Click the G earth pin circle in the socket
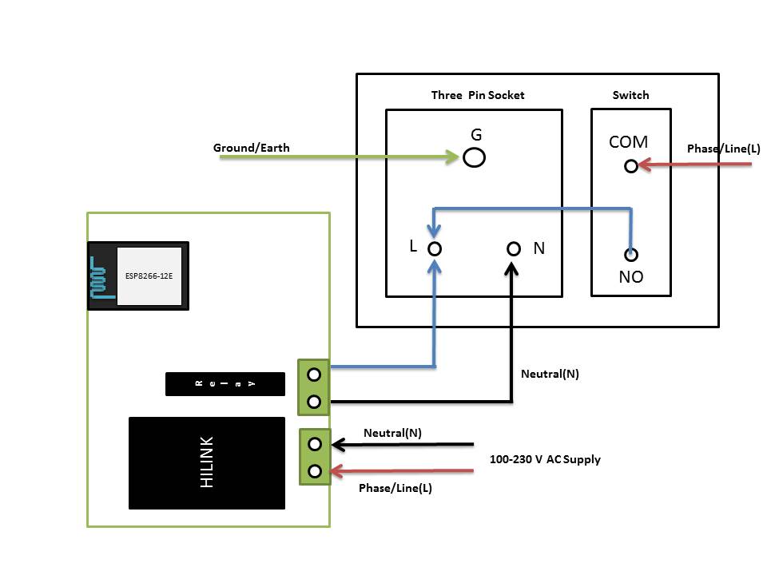475,157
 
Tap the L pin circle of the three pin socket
435,248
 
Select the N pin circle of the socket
514,248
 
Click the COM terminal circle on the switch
630,165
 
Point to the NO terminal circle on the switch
630,255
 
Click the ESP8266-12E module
138,276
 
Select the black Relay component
225,384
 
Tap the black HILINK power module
207,462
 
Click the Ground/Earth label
251,148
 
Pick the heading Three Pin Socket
478,95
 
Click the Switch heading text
630,95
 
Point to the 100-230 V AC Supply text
545,459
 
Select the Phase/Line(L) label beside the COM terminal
724,149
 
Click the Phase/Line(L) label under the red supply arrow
395,488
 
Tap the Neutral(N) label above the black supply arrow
392,433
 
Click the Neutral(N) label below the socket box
550,373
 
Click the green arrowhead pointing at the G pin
452,157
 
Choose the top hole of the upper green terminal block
315,373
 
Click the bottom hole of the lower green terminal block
315,470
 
